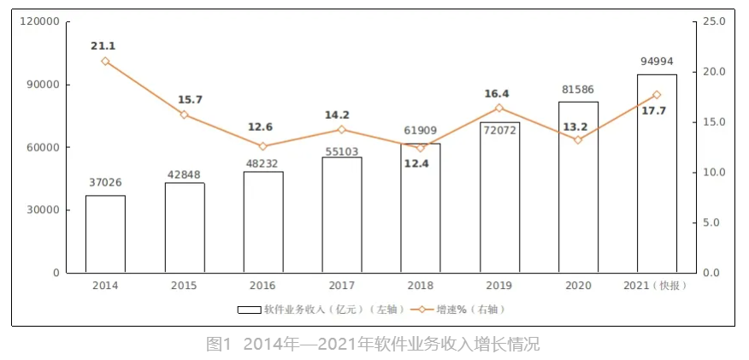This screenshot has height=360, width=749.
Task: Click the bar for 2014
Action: click(105, 233)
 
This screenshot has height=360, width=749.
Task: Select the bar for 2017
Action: click(342, 215)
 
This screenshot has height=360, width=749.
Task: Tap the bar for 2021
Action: click(657, 174)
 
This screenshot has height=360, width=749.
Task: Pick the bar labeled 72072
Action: click(499, 198)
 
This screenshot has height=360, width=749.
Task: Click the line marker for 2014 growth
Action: click(105, 61)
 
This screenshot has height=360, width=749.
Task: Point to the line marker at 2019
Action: click(499, 108)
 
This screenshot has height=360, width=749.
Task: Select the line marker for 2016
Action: click(262, 146)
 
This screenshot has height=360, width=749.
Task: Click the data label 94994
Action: click(657, 62)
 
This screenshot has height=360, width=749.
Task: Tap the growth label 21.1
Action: click(104, 45)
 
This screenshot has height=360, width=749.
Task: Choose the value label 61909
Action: click(421, 131)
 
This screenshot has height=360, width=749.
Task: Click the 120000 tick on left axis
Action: click(40, 21)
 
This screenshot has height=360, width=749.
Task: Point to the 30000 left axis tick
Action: click(44, 210)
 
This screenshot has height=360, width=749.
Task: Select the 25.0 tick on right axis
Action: click(715, 21)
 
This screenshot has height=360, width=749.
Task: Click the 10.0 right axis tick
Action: click(715, 173)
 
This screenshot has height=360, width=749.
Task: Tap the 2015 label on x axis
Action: click(184, 286)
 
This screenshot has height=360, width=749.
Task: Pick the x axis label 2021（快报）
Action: click(657, 286)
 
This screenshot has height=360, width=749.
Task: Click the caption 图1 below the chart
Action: click(219, 345)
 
